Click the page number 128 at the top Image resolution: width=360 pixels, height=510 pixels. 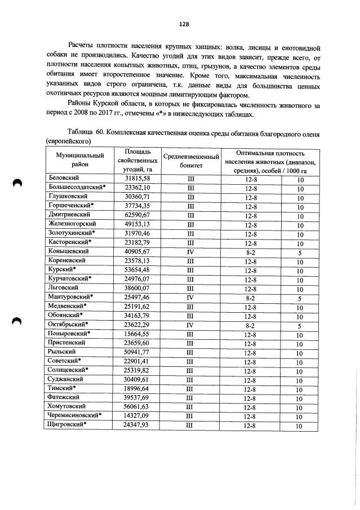pyautogui.click(x=183, y=24)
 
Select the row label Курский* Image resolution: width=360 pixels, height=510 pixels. pyautogui.click(x=59, y=269)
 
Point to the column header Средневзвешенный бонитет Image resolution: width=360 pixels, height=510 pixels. pyautogui.click(x=190, y=162)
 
